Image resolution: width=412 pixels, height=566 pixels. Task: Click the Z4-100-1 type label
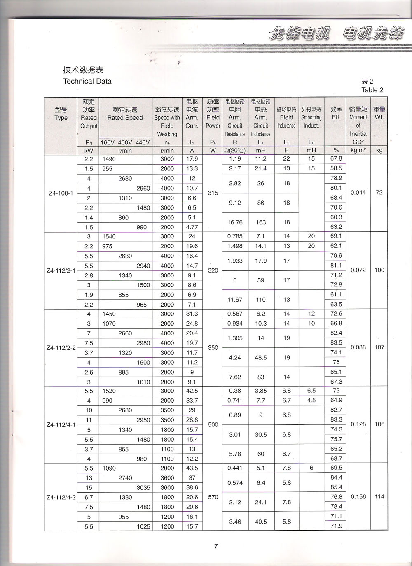61,193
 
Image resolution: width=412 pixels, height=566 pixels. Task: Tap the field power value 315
213,193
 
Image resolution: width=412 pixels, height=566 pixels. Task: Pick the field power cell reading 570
213,497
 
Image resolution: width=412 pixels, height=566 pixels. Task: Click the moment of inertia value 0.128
358,424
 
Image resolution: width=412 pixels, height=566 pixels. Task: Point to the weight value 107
379,347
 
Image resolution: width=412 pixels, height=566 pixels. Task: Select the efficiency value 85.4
336,487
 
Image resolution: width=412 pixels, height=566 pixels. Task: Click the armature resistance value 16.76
235,222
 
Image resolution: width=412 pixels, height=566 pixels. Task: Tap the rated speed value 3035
143,488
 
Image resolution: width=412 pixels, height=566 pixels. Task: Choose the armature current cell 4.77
192,227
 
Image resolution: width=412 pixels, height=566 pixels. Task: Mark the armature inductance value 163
261,222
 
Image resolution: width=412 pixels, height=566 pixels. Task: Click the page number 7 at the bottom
215,547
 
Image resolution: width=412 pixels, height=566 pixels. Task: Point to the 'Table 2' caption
372,90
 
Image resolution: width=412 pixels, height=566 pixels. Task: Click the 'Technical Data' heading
87,81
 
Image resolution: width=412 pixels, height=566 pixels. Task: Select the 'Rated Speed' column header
125,118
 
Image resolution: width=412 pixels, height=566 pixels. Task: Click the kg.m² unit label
358,150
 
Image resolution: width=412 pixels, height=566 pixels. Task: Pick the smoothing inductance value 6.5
311,391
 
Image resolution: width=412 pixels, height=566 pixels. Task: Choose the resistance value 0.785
235,236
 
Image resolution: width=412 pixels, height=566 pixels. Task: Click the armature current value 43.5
192,468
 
